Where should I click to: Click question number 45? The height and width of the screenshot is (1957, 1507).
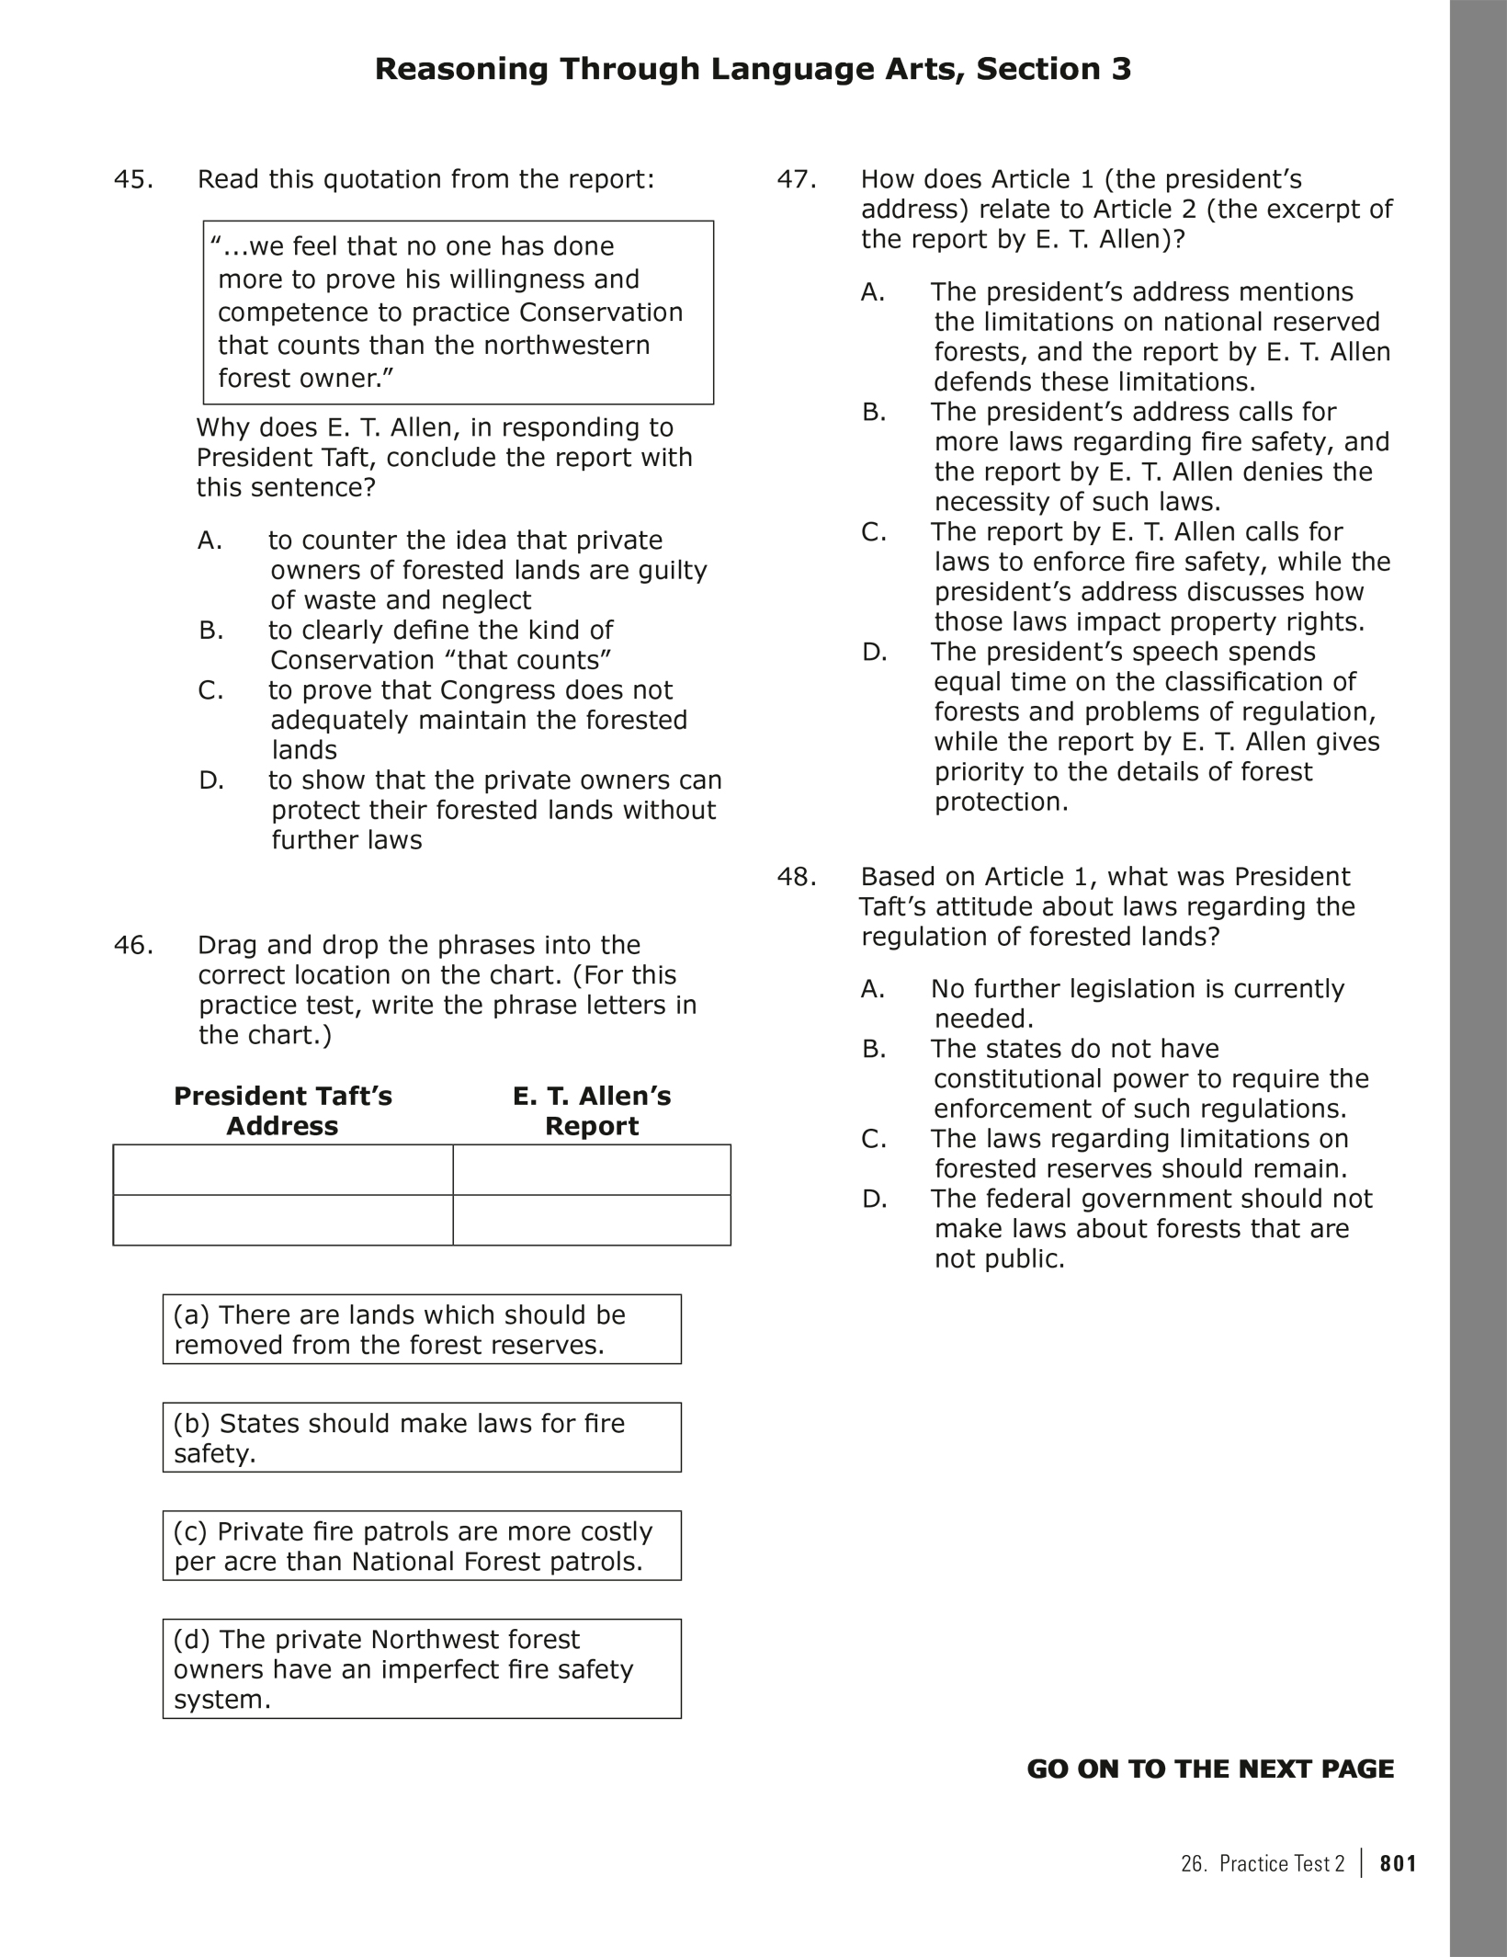pyautogui.click(x=133, y=179)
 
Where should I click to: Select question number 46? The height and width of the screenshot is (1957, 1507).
pyautogui.click(x=133, y=945)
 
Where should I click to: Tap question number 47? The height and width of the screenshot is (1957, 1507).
pyautogui.click(x=797, y=179)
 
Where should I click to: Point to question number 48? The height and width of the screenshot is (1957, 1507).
pyautogui.click(x=797, y=877)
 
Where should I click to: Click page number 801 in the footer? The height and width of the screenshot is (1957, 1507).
pyautogui.click(x=1398, y=1863)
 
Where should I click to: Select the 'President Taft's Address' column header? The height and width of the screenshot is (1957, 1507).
pyautogui.click(x=283, y=1110)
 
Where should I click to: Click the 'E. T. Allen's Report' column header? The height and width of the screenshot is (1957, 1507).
pyautogui.click(x=592, y=1110)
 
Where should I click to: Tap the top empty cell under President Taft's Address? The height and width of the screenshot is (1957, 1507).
pyautogui.click(x=283, y=1169)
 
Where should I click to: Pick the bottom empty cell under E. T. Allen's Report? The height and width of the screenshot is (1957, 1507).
pyautogui.click(x=592, y=1220)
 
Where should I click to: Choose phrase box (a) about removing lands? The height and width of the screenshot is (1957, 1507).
pyautogui.click(x=422, y=1329)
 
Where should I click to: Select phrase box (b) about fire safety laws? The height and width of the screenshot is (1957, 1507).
pyautogui.click(x=422, y=1438)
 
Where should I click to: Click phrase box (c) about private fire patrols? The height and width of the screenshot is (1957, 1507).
pyautogui.click(x=422, y=1546)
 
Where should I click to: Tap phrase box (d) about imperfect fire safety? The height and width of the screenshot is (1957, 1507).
pyautogui.click(x=422, y=1668)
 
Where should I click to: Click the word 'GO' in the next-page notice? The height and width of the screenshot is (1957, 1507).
pyautogui.click(x=1048, y=1769)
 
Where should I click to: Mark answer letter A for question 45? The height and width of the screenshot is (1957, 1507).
pyautogui.click(x=210, y=540)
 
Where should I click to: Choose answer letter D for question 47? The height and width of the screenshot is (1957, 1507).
pyautogui.click(x=874, y=653)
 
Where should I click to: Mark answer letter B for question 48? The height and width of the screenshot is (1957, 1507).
pyautogui.click(x=874, y=1049)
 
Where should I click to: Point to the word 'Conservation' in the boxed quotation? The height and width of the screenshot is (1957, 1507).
pyautogui.click(x=601, y=313)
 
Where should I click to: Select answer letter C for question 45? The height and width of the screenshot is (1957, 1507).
pyautogui.click(x=210, y=690)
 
